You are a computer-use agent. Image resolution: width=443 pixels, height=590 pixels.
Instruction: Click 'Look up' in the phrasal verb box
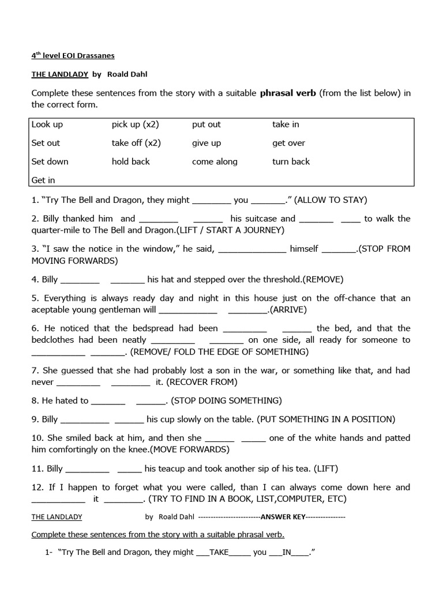[47, 124]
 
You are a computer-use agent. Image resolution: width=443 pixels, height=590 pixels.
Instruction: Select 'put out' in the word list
[207, 124]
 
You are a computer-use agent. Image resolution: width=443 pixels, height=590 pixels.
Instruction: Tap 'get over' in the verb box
[288, 143]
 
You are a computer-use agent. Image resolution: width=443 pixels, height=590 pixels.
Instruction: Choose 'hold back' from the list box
[131, 161]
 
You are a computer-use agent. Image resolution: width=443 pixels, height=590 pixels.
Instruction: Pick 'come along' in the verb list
[215, 161]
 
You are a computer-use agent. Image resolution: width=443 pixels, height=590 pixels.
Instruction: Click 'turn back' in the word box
[291, 161]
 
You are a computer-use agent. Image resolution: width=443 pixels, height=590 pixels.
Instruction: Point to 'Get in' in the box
[43, 180]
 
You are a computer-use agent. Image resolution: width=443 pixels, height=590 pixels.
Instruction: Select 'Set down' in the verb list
[50, 161]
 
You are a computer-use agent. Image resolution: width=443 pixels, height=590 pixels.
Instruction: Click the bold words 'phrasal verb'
[288, 93]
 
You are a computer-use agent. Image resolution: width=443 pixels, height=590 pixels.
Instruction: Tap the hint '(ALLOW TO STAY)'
[331, 200]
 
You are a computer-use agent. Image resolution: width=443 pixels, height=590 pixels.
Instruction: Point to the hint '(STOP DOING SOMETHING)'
[226, 400]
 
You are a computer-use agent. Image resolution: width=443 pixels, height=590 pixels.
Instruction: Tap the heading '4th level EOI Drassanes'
[73, 56]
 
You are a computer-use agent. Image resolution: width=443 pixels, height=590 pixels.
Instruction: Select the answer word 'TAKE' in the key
[219, 552]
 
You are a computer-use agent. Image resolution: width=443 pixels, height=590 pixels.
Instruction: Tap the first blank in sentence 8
[108, 400]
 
